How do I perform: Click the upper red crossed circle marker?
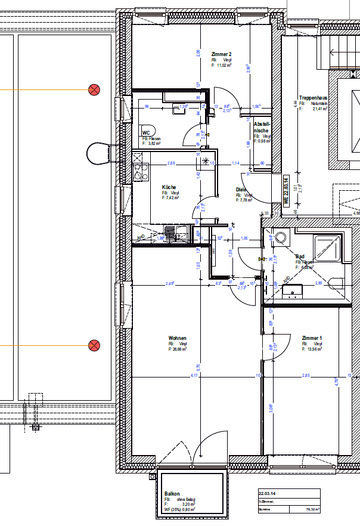tap(94, 90)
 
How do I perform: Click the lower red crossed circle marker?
tap(94, 345)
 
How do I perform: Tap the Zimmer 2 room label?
tap(221, 54)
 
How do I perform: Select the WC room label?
tap(145, 133)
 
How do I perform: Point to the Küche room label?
tap(169, 187)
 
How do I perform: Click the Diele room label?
tap(241, 190)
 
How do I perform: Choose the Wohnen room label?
tap(177, 338)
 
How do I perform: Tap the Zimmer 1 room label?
tap(312, 338)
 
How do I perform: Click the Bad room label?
tap(300, 257)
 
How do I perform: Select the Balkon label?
tap(172, 494)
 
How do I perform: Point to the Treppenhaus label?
tap(311, 98)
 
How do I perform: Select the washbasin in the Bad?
tap(293, 290)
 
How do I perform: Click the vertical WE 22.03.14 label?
tap(286, 191)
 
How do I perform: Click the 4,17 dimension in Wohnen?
tap(194, 376)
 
